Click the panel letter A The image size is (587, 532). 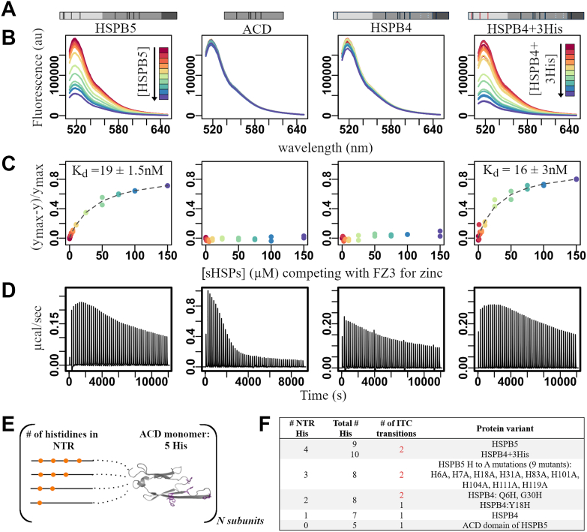click(8, 9)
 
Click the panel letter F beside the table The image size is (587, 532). click(265, 425)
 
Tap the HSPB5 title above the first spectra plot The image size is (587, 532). click(115, 29)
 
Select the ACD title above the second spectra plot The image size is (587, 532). click(257, 29)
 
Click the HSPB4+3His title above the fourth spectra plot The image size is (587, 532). click(525, 29)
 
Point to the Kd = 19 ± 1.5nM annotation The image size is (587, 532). click(118, 170)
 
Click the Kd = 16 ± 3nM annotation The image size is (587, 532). click(526, 170)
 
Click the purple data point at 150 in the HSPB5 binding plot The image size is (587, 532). click(167, 185)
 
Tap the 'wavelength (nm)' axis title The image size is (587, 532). click(325, 148)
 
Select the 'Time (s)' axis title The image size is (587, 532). click(323, 395)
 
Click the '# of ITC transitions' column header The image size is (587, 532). click(396, 428)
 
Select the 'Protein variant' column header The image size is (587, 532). click(505, 428)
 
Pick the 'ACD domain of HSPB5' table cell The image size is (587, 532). click(505, 525)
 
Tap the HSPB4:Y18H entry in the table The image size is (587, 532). click(505, 505)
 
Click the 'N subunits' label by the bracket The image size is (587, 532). click(240, 521)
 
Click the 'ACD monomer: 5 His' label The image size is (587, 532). click(175, 440)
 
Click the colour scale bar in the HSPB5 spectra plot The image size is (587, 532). click(163, 74)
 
